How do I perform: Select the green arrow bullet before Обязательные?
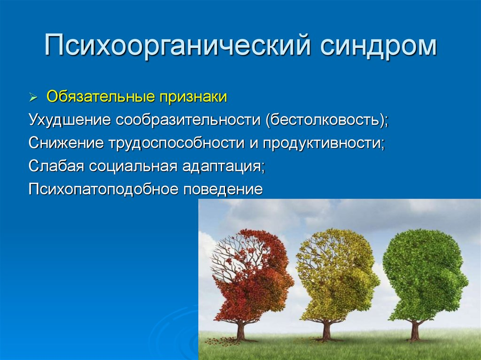pos(33,98)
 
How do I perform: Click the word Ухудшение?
pos(70,120)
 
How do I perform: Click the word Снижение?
pos(66,143)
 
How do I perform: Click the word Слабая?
pos(56,166)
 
